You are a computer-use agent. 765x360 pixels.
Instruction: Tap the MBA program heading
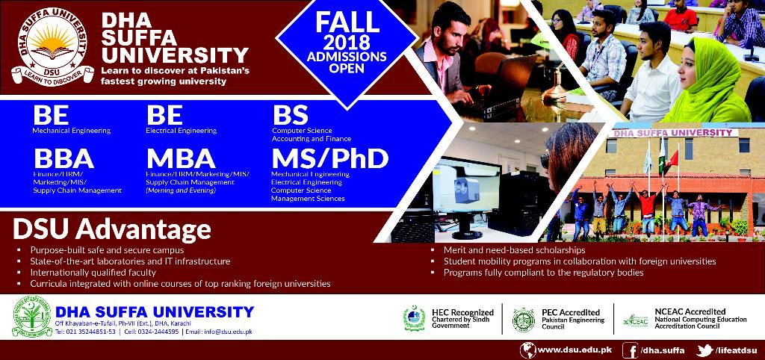coord(181,159)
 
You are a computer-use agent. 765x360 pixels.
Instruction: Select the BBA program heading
coord(63,159)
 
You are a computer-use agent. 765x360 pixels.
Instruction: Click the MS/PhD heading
coord(329,158)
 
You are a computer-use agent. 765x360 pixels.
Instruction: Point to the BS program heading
coord(290,116)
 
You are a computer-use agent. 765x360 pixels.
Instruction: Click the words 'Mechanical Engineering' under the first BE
coord(71,131)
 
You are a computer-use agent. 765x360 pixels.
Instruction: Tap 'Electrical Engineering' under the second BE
coord(181,131)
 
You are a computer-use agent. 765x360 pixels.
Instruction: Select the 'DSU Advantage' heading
coord(112,229)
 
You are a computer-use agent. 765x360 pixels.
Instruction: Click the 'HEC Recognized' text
coord(462,312)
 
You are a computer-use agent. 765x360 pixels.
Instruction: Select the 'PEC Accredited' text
coord(570,312)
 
